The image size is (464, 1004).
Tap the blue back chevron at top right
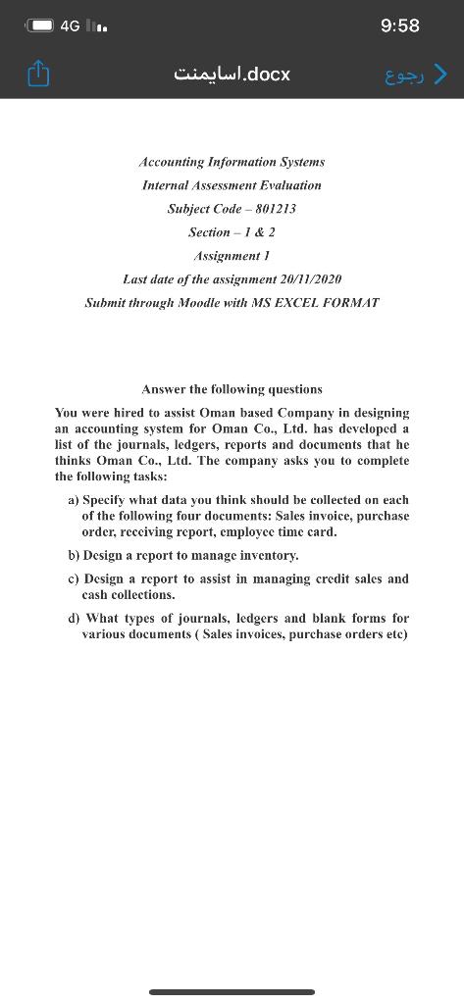pos(440,73)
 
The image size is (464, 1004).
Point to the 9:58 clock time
pos(398,25)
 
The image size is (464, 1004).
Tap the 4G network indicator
pos(70,25)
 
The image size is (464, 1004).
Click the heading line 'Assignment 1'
pos(232,256)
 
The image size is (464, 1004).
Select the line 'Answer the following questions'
pos(232,389)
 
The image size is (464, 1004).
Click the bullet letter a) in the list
pos(74,500)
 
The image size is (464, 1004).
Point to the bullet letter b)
pos(74,555)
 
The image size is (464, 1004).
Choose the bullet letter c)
pos(74,578)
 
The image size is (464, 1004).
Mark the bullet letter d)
pos(74,619)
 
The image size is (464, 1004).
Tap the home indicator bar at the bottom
pos(232,992)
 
